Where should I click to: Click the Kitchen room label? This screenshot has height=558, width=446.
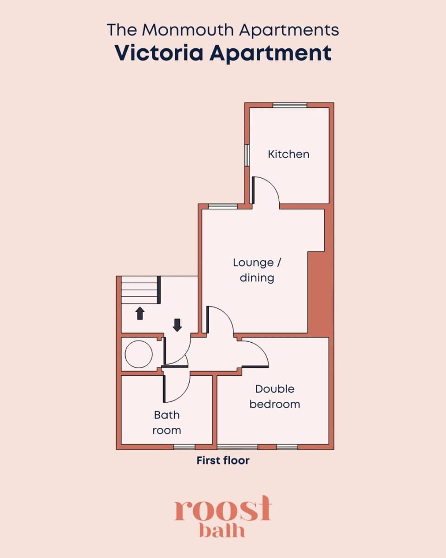click(289, 154)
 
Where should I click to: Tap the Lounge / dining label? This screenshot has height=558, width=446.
click(257, 270)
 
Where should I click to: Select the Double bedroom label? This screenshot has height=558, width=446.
click(275, 397)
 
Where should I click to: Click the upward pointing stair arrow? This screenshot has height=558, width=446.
click(140, 313)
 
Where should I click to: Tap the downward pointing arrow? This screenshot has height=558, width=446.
click(177, 325)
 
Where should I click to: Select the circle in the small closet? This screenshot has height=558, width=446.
click(138, 354)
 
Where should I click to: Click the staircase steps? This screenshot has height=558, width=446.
click(140, 290)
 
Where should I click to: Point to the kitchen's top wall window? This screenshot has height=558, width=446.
click(290, 105)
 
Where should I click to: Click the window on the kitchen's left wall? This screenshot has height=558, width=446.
click(247, 155)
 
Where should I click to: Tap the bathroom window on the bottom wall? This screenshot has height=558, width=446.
click(184, 447)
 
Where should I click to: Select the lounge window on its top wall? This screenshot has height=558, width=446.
click(223, 206)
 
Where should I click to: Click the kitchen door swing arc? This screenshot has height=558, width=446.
click(266, 190)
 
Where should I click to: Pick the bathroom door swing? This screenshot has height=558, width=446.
click(177, 388)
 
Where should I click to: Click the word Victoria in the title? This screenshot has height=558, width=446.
click(158, 53)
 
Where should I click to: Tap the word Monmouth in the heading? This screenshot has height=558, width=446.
click(188, 30)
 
